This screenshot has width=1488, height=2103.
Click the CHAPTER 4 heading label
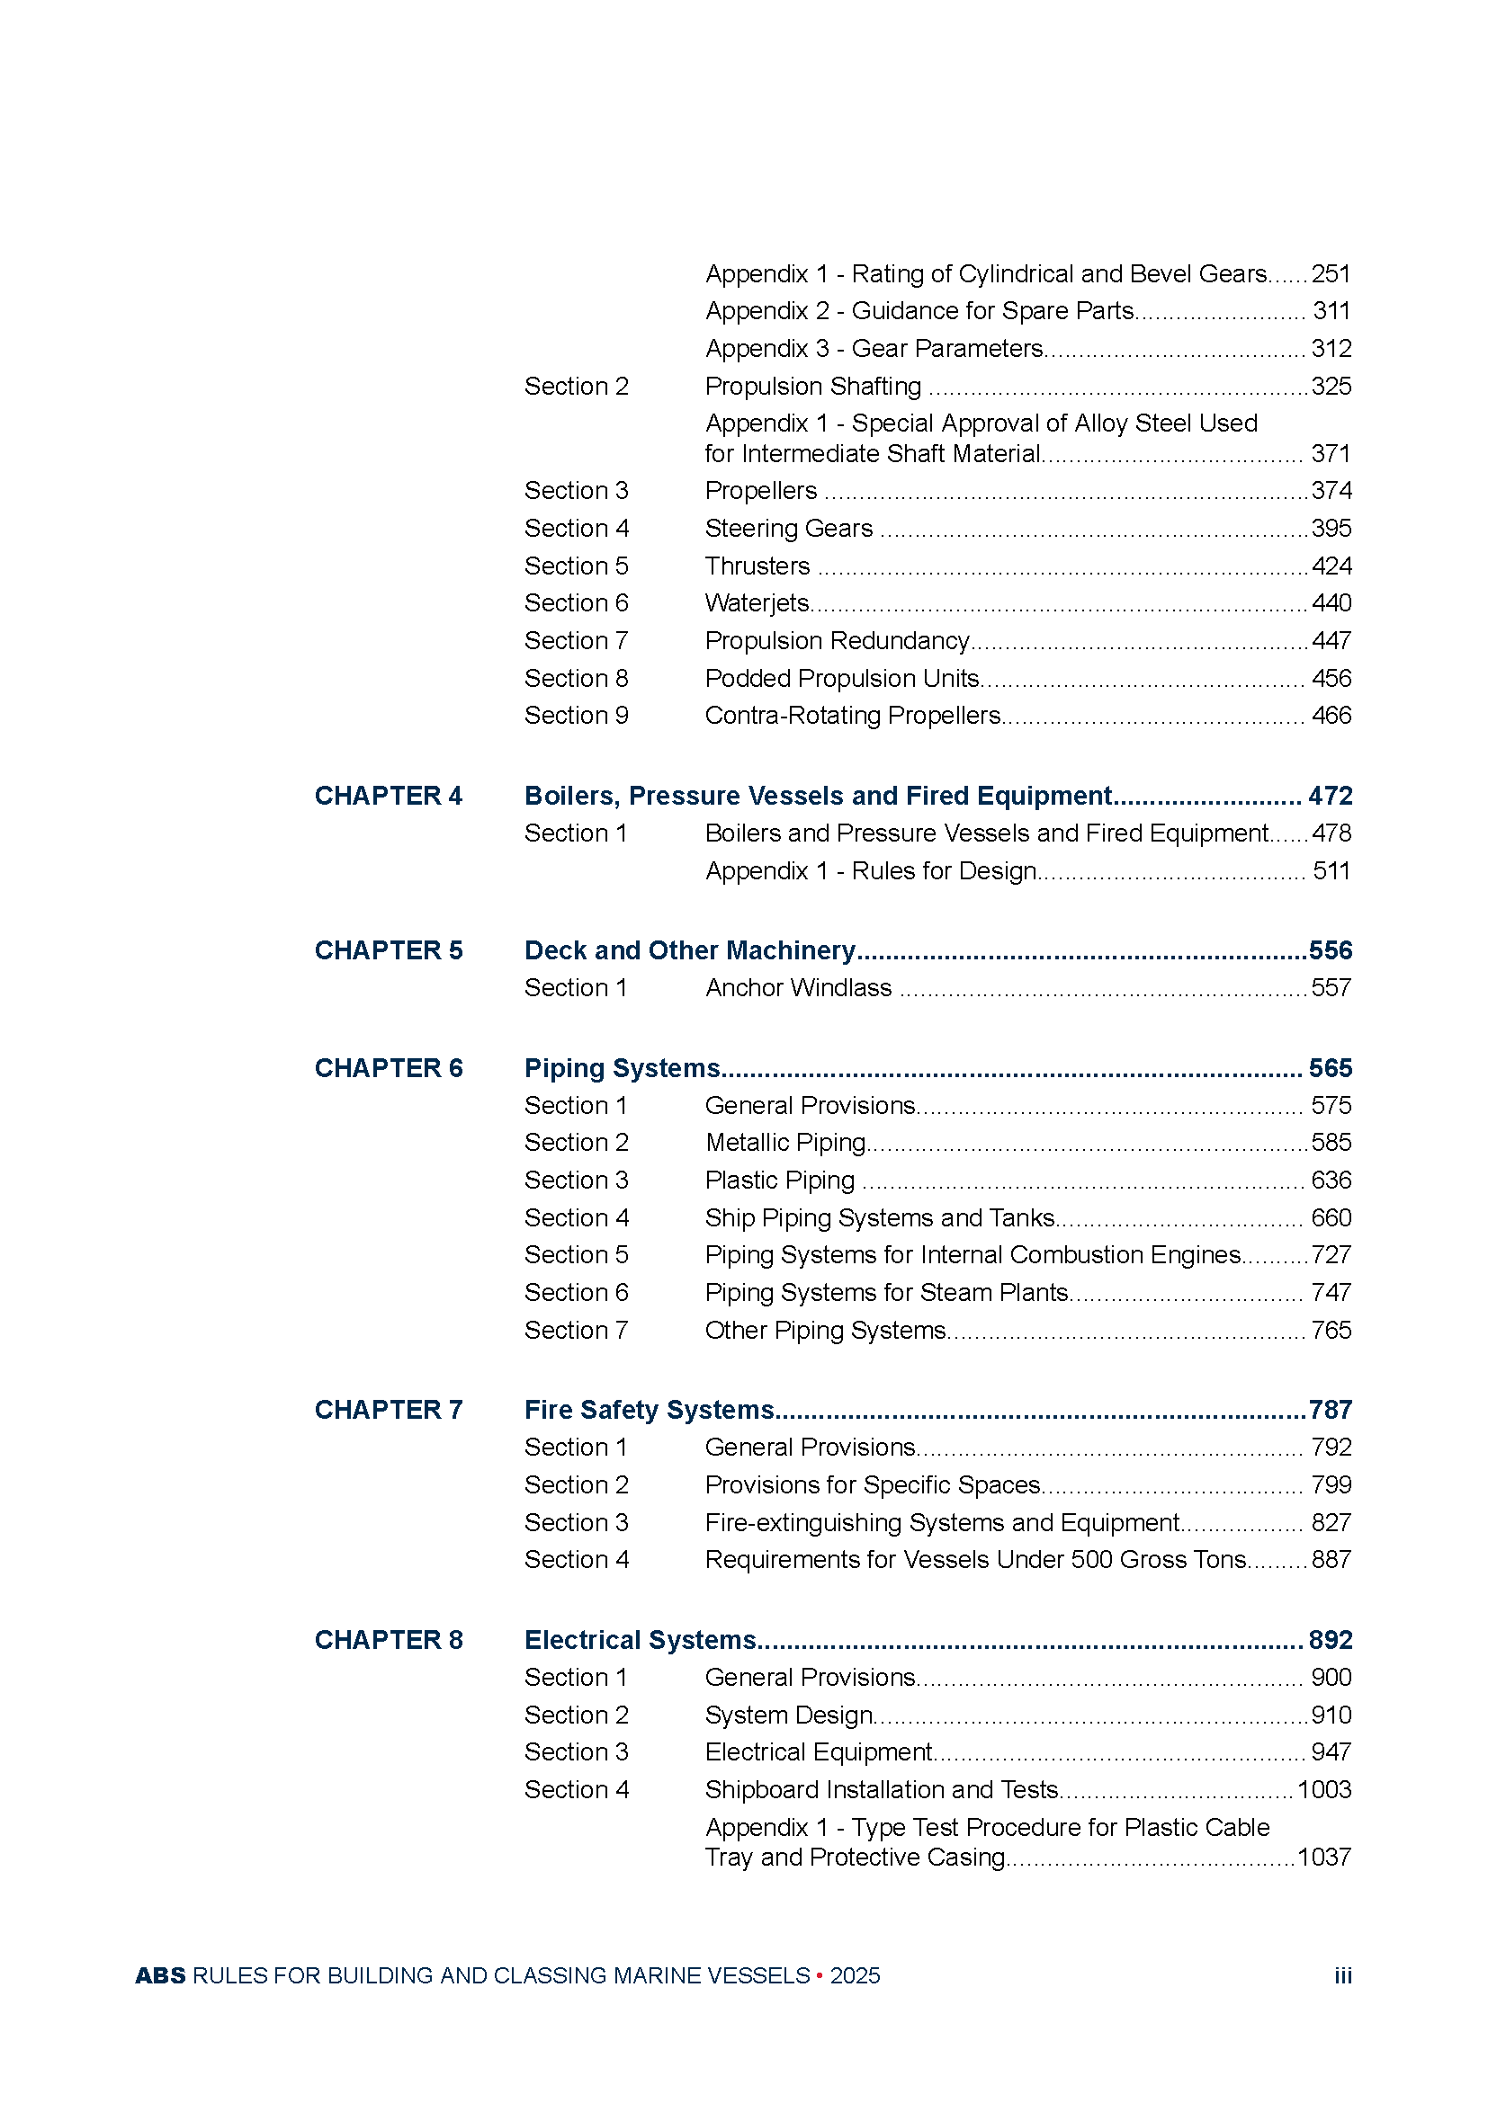click(389, 795)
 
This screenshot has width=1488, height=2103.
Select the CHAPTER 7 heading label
click(389, 1409)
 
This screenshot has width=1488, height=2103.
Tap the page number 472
click(1331, 795)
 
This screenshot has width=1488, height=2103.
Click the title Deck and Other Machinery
click(689, 949)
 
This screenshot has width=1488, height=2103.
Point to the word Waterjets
click(757, 602)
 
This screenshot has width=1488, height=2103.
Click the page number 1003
click(1324, 1789)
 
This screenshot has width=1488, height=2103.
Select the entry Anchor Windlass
click(798, 987)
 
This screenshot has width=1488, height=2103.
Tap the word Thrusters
click(757, 566)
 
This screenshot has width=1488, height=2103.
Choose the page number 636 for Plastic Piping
click(1331, 1180)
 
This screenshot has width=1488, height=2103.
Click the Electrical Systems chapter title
click(640, 1640)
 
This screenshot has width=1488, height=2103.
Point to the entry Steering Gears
click(788, 529)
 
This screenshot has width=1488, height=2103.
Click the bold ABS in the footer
click(160, 1975)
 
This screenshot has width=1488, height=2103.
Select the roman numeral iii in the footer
click(1342, 1975)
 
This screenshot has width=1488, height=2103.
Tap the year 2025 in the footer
click(855, 1975)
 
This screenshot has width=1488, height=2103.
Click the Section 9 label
click(577, 716)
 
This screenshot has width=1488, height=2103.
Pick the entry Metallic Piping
click(785, 1142)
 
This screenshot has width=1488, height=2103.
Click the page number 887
click(1331, 1559)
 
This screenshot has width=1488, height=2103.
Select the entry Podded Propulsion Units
click(841, 678)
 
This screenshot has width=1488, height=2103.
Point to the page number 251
click(1331, 274)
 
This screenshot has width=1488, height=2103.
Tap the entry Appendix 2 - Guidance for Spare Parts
click(919, 310)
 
